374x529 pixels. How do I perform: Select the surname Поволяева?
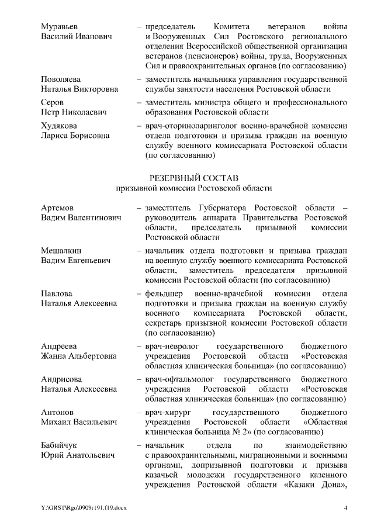tap(61, 79)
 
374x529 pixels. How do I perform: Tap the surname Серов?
tap(53, 102)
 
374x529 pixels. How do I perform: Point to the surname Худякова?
tap(60, 125)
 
